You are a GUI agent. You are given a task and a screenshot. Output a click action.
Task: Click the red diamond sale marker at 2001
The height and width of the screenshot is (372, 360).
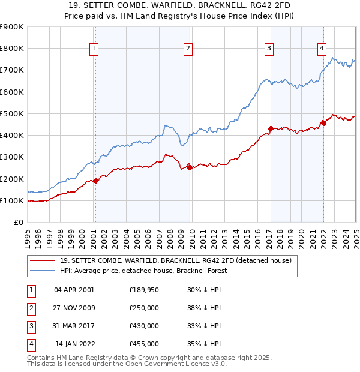point(96,181)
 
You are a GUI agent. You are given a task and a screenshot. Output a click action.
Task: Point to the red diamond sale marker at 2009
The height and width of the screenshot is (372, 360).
point(190,167)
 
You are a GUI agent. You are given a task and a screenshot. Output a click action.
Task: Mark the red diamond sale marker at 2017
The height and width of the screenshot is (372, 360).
point(271,128)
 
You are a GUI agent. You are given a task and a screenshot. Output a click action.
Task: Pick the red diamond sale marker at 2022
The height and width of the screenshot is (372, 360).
point(323,123)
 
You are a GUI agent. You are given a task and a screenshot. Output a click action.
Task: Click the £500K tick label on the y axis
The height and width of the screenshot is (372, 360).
point(12,113)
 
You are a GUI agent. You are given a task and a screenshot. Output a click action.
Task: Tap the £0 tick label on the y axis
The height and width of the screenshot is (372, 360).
point(18,222)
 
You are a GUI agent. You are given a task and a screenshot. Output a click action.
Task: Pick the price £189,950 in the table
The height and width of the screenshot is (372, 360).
point(144,290)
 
